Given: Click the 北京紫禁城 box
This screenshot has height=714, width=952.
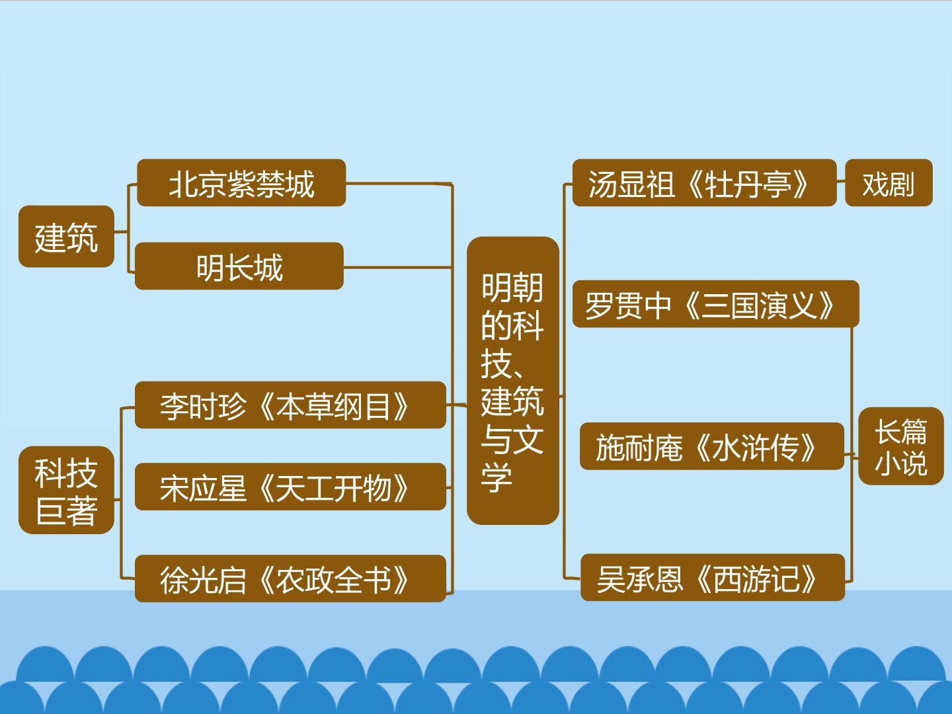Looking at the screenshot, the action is coord(241,183).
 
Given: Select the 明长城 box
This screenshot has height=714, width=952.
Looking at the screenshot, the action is coord(239,266).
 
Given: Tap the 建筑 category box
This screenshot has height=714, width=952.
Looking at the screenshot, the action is coord(66,236).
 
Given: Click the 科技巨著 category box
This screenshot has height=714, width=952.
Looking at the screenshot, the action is coord(66,490).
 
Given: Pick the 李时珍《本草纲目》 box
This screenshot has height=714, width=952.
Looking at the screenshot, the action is coord(291,405).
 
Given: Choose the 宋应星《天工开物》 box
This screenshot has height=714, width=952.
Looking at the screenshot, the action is coord(291,487).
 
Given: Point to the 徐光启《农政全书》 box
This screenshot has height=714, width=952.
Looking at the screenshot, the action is coord(291,578).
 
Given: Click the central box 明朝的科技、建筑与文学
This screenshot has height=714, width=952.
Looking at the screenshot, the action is coord(512,381).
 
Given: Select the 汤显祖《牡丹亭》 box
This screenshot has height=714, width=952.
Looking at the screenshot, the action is coord(704,182).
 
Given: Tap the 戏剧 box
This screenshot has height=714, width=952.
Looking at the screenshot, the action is coord(889,182).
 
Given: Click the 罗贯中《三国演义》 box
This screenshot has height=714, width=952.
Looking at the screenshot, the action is coord(715,303).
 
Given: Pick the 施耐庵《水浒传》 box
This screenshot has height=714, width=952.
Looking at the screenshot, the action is coord(712,446).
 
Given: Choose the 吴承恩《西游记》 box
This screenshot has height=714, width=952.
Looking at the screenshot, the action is coord(713,577).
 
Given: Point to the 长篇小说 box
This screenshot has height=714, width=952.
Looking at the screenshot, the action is coord(901,446).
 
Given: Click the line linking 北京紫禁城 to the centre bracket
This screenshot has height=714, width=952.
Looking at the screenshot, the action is coord(399,183).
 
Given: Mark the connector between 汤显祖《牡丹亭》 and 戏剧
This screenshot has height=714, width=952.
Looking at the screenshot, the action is coord(841,181).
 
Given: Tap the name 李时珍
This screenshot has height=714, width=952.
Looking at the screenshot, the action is coord(203,407).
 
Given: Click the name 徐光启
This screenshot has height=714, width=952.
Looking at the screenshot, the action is coord(203,580).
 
